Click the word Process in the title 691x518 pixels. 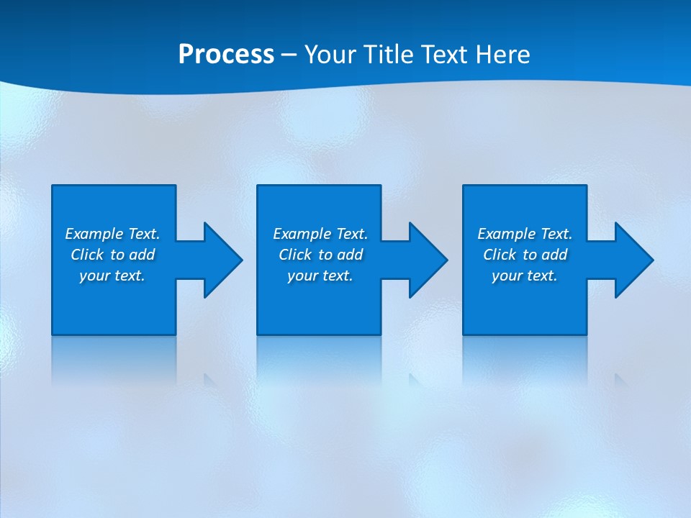[226, 55]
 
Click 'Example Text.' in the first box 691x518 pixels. [112, 234]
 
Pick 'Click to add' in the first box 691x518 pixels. [112, 255]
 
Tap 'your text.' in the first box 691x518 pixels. [112, 276]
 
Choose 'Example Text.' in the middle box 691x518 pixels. [320, 234]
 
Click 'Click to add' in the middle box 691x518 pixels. [320, 255]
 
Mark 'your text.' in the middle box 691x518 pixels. [320, 276]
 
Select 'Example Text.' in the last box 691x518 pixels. [525, 234]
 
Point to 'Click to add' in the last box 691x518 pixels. [525, 255]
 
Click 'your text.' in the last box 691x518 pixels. [525, 276]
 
